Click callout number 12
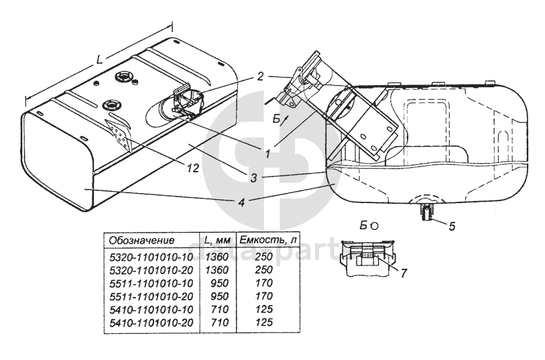(x=192, y=168)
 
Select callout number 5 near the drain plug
(x=452, y=227)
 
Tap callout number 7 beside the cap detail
(x=403, y=273)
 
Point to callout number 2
(x=260, y=76)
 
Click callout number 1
(x=267, y=154)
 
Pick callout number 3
(x=254, y=178)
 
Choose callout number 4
(x=241, y=202)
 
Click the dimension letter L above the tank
(x=100, y=60)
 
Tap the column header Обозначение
(x=141, y=240)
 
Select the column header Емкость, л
(x=267, y=240)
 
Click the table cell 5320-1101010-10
(x=152, y=257)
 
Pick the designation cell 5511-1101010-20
(x=152, y=296)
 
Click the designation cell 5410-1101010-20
(x=152, y=322)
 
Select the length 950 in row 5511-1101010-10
(x=220, y=283)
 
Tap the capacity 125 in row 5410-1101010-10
(x=264, y=309)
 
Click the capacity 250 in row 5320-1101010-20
(x=264, y=270)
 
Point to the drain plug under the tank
(x=426, y=212)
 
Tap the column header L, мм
(x=217, y=240)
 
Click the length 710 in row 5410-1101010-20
(x=220, y=322)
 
